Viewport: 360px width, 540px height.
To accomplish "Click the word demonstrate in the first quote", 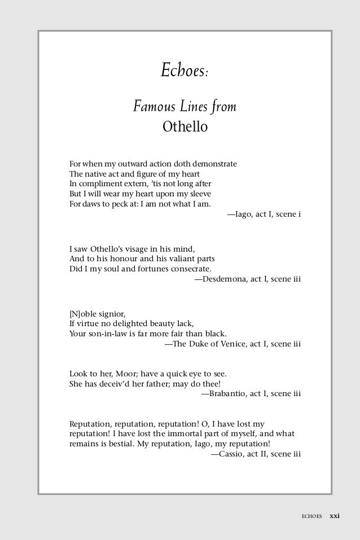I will coord(214,164).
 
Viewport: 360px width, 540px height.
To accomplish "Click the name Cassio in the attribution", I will coord(231,454).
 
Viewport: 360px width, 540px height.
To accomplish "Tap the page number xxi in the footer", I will coord(335,515).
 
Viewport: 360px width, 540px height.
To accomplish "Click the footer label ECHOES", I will coord(311,516).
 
